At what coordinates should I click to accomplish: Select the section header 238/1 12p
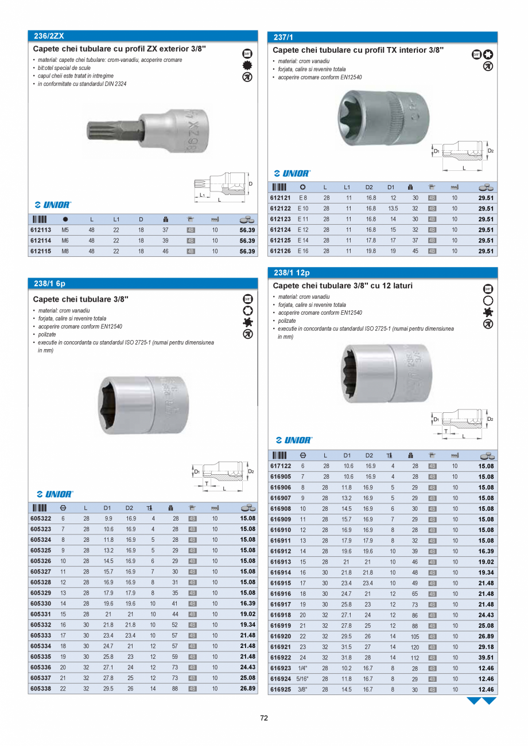pos(292,273)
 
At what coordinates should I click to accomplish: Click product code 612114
pos(40,240)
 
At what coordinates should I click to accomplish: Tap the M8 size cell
pos(65,251)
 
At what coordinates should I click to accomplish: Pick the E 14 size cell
pos(303,240)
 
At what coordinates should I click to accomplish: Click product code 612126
pos(281,251)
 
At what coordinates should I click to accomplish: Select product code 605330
pos(40,603)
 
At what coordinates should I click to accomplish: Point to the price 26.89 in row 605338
pos(247,688)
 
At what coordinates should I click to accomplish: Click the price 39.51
pos(486,658)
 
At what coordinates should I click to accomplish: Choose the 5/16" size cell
pos(303,679)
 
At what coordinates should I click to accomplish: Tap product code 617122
pos(281,466)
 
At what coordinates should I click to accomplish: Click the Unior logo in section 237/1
pos(292,173)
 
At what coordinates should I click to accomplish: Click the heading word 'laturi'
pos(399,286)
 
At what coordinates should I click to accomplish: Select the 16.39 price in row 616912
pos(486,552)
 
